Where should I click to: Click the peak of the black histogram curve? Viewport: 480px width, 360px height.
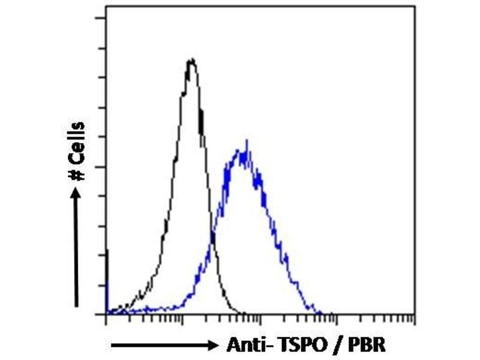pyautogui.click(x=191, y=59)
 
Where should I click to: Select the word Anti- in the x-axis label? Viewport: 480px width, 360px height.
pyautogui.click(x=247, y=346)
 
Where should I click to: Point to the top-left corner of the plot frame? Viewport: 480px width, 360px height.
pyautogui.click(x=106, y=7)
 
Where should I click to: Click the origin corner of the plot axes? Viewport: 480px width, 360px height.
pyautogui.click(x=106, y=314)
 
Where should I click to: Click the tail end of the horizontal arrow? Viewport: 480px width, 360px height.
pyautogui.click(x=113, y=346)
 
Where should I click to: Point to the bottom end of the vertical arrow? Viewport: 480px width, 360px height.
pyautogui.click(x=76, y=306)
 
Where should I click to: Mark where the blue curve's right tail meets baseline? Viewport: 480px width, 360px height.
pyautogui.click(x=321, y=313)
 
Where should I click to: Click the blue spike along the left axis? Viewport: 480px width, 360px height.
pyautogui.click(x=107, y=255)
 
